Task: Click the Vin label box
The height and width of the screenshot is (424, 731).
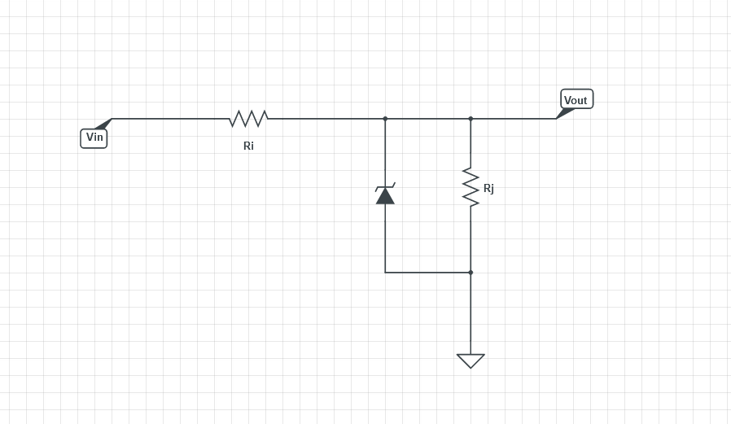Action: pos(94,138)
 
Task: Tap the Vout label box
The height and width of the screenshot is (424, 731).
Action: pos(576,100)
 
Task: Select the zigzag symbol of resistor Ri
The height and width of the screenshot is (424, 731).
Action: pos(248,119)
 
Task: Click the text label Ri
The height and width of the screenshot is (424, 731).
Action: pos(248,146)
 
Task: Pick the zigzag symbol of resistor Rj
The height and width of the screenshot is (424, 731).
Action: pos(471,187)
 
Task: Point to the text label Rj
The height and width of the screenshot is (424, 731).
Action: pos(488,188)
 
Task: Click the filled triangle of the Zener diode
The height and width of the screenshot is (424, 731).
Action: pos(385,196)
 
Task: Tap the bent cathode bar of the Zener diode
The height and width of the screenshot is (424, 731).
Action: pos(385,187)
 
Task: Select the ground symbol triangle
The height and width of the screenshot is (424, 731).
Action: pos(471,360)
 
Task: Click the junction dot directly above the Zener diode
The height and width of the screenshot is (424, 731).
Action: pos(385,119)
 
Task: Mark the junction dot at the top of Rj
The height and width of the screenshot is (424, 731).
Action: pos(471,119)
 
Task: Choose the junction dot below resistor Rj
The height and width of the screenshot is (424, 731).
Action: pos(471,273)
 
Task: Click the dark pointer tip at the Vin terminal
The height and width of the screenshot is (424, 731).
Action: pos(103,125)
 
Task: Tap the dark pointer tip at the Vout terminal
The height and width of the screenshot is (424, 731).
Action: pos(564,114)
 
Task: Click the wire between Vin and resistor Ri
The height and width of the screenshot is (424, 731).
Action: pos(171,119)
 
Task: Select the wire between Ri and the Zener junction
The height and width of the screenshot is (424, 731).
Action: pos(326,119)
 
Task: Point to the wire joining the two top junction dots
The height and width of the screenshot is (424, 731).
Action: pos(427,119)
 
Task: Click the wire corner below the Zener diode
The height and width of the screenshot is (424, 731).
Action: pos(385,273)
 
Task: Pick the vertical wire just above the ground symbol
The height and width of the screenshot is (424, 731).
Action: pos(471,317)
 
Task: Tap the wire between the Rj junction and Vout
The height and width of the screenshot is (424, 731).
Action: pos(513,119)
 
